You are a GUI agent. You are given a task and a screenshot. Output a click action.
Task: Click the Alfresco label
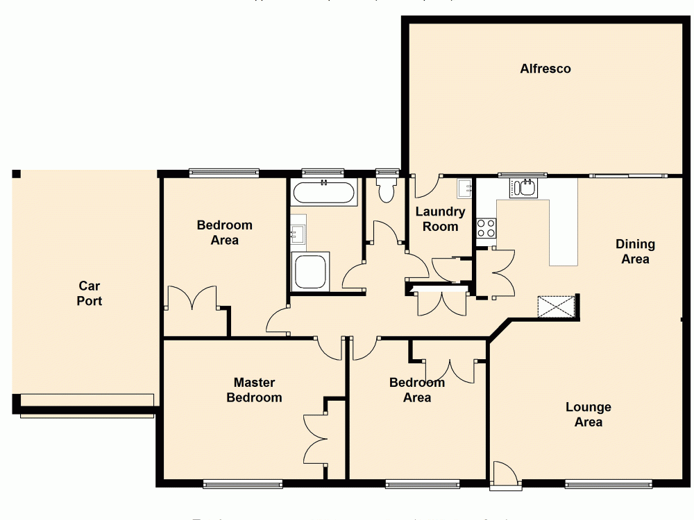tap(545, 69)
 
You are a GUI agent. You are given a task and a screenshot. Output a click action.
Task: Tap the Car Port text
tap(89, 293)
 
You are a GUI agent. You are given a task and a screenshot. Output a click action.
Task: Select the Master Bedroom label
tap(254, 390)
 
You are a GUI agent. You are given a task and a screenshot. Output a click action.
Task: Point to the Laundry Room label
tap(441, 219)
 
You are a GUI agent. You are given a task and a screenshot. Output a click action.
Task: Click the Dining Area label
tap(635, 252)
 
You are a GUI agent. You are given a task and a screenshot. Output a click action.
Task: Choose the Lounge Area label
tap(588, 415)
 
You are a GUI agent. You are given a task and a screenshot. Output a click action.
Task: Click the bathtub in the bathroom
tap(324, 192)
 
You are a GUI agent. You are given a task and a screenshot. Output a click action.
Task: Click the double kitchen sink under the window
tap(524, 188)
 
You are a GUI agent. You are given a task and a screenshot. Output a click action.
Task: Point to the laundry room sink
tap(464, 188)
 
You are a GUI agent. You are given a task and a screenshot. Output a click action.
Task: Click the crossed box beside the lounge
tap(557, 306)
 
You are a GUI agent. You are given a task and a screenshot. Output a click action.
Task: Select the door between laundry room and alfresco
tap(425, 186)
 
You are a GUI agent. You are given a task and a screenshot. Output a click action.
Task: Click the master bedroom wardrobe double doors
tap(316, 437)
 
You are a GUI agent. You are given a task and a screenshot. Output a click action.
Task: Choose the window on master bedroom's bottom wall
tap(243, 483)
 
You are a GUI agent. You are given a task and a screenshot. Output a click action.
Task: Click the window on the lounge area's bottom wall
tap(609, 483)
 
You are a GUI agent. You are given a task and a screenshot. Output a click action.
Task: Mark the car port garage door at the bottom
tap(87, 406)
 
